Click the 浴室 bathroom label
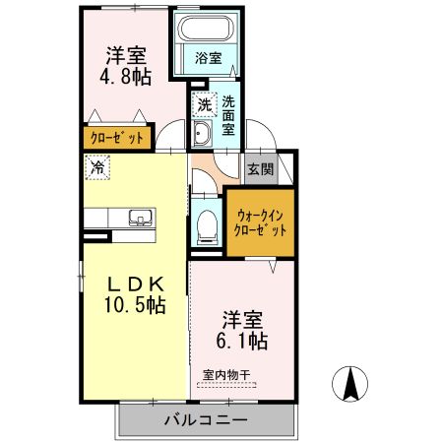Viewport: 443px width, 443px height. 207,58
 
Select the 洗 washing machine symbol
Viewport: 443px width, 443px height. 203,103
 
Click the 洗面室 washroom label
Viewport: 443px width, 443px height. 228,114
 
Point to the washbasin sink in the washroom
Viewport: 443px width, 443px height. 203,135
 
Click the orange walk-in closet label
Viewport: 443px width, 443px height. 261,221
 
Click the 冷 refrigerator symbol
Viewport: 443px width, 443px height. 97,168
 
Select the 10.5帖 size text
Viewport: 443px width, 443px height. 135,306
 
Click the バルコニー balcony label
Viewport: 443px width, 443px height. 206,420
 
